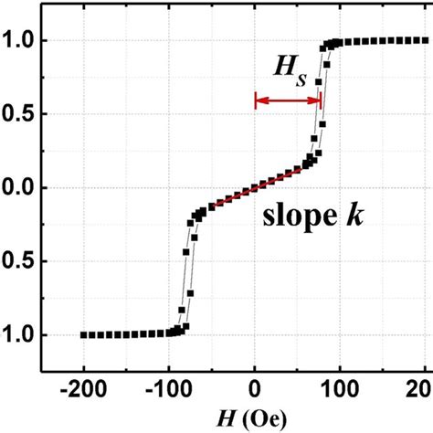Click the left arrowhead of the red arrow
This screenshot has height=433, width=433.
pyautogui.click(x=259, y=100)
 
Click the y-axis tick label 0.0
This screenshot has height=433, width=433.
pyautogui.click(x=20, y=188)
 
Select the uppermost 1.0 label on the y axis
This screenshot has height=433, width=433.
pyautogui.click(x=20, y=41)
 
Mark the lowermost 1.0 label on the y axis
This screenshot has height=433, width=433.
pyautogui.click(x=20, y=335)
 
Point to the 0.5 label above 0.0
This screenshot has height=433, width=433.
pyautogui.click(x=20, y=115)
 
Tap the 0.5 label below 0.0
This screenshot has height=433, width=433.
pyautogui.click(x=20, y=262)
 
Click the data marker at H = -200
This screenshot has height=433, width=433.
pyautogui.click(x=82, y=335)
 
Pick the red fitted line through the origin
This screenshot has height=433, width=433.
pyautogui.click(x=256, y=186)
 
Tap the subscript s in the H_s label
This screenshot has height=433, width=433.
pyautogui.click(x=302, y=79)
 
